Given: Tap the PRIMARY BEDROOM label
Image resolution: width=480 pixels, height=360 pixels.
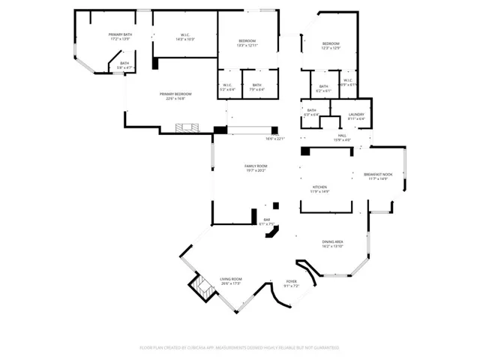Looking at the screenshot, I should [175, 95].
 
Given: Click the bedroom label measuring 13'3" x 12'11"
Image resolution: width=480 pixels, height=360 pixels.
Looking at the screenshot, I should [247, 42].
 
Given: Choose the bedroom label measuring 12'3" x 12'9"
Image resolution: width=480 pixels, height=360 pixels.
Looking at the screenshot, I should [331, 46].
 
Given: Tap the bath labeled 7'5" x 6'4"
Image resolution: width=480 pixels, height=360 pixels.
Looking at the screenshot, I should [256, 87].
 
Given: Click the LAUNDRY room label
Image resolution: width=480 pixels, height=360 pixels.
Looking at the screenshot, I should [356, 115].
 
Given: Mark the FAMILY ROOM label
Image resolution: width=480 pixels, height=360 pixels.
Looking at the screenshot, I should [256, 168].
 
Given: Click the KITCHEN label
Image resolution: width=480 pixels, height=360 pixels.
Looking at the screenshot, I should [320, 188].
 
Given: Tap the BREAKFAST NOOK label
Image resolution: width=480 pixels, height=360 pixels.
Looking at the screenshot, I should [378, 176].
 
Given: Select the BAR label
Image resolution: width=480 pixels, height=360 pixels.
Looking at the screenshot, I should [266, 221].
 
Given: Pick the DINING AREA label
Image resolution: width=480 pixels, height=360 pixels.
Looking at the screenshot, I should [332, 243].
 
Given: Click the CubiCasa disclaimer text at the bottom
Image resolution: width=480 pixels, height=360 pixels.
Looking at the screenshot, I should [239, 348].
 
